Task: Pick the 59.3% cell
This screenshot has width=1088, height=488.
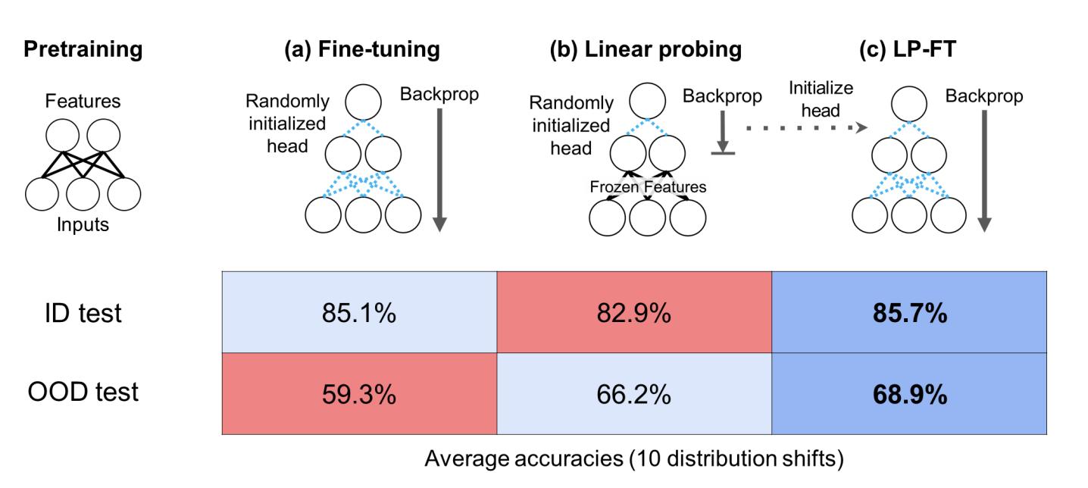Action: (359, 394)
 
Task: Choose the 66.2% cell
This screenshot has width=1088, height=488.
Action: (633, 394)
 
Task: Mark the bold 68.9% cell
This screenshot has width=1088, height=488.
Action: (908, 394)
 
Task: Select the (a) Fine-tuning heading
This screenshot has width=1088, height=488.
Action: (361, 50)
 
